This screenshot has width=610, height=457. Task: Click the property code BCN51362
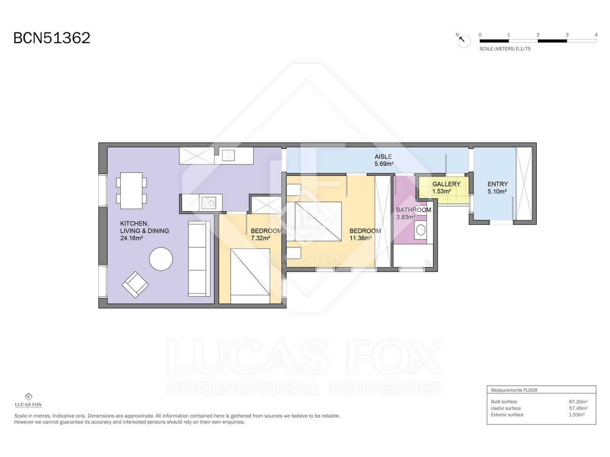52,38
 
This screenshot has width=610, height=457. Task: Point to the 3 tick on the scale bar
567,35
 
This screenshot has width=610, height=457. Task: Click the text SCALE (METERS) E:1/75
505,49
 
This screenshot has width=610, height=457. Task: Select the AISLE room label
383,157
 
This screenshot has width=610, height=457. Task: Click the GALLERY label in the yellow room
446,184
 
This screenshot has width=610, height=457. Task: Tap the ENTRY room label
498,184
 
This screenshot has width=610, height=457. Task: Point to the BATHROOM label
414,210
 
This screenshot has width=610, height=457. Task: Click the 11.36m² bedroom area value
360,238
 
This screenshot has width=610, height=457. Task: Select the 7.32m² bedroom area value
260,238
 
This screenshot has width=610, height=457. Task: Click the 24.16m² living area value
132,238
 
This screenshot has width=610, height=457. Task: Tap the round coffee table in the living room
161,259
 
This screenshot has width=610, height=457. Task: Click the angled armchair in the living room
135,285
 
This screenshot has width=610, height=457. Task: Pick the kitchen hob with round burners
209,202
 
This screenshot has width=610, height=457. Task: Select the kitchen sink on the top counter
228,155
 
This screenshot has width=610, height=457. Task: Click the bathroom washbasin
421,230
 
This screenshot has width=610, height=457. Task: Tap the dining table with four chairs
131,190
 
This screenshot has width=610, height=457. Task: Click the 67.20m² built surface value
578,401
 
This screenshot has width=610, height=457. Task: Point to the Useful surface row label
506,408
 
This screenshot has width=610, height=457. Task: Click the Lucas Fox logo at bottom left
28,401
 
